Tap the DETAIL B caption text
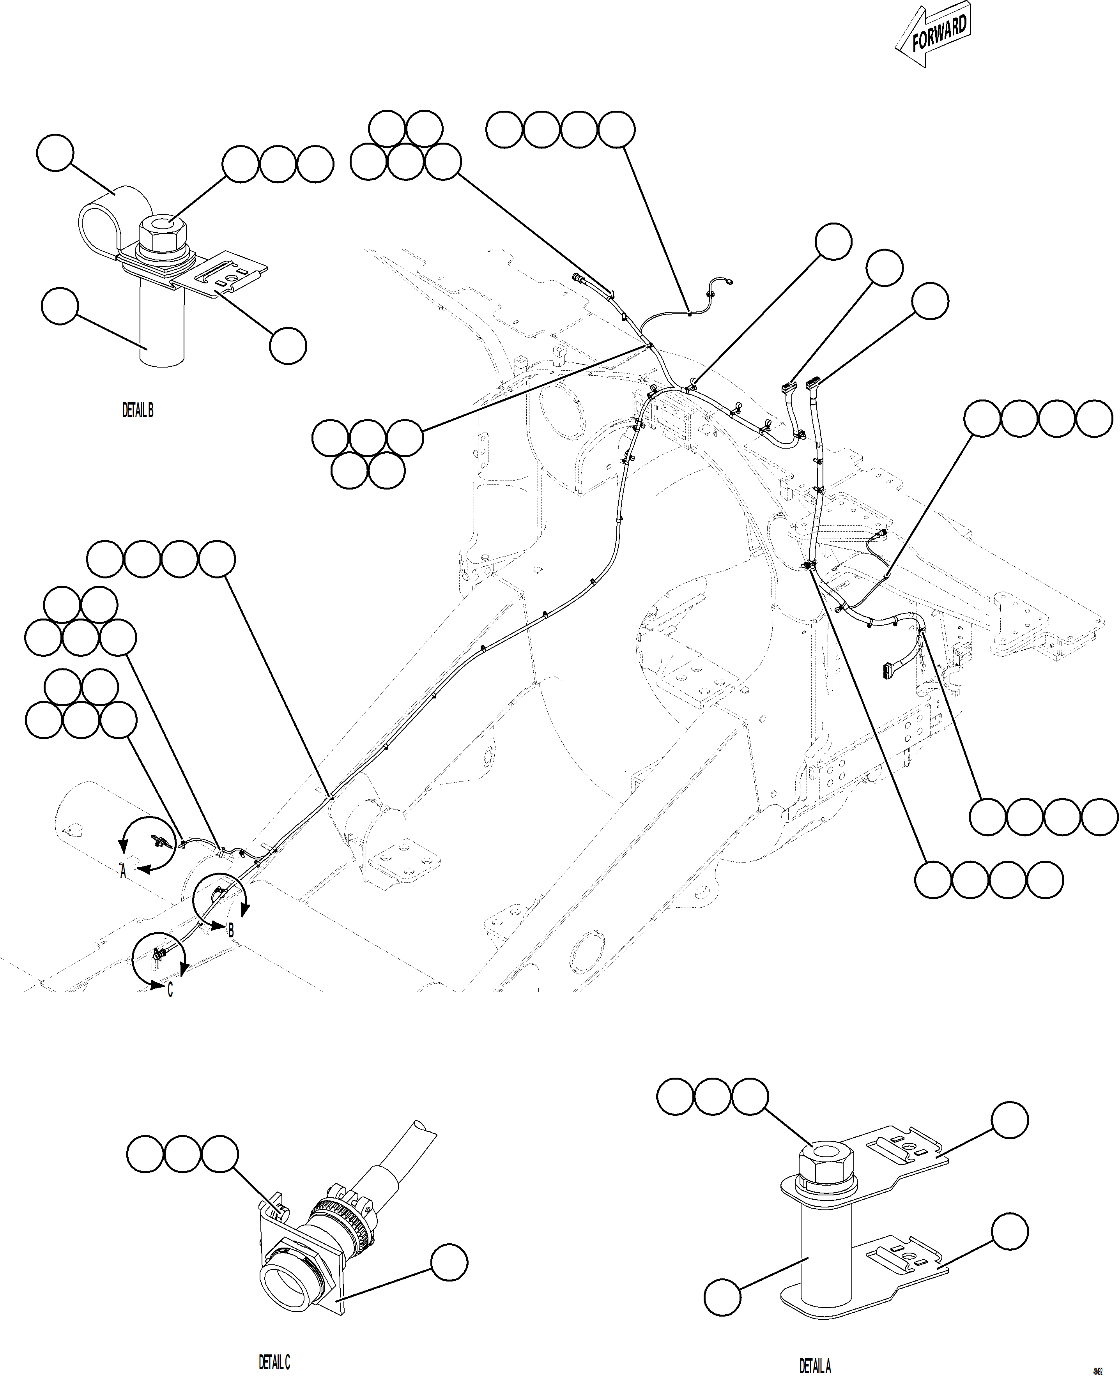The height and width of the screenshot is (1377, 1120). tap(138, 410)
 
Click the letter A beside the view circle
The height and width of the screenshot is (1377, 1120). tap(123, 872)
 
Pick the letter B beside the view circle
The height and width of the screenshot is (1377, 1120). tap(230, 930)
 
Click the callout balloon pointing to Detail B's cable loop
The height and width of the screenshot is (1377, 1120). tap(55, 153)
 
